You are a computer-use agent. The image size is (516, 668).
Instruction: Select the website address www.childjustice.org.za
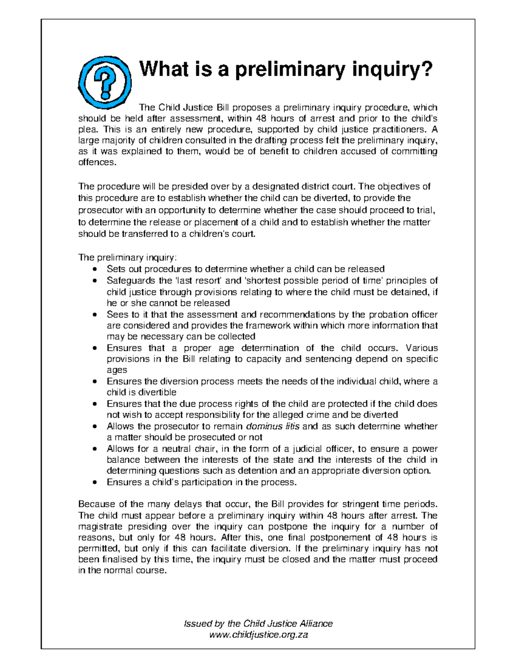click(258, 634)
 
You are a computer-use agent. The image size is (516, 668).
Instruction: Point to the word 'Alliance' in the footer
click(314, 623)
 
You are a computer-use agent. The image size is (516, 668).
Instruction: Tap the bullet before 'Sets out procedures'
click(95, 269)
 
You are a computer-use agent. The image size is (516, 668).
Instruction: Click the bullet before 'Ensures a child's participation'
click(95, 483)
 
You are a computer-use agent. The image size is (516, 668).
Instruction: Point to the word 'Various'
click(422, 348)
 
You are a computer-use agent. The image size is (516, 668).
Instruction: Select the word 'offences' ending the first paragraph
click(96, 163)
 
